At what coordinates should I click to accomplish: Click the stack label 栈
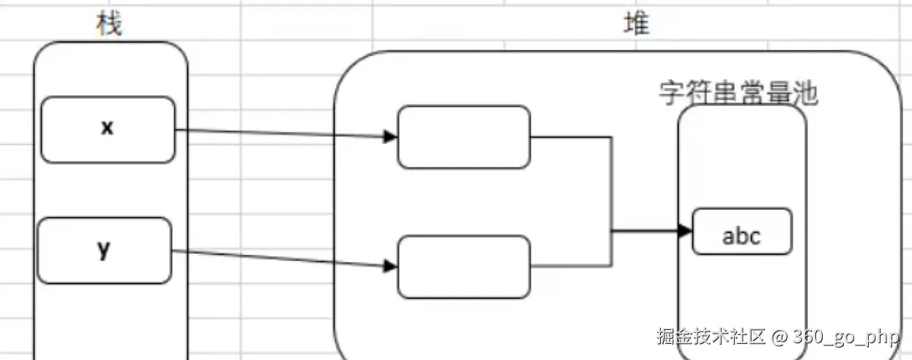[109, 25]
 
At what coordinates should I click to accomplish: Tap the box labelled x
[108, 130]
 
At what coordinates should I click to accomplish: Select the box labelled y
[104, 250]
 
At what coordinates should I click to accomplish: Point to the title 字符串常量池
[738, 94]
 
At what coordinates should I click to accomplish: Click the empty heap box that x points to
[463, 137]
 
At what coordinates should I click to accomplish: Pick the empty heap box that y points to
[463, 266]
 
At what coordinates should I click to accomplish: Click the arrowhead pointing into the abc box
[685, 231]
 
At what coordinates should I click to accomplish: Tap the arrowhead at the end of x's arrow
[391, 136]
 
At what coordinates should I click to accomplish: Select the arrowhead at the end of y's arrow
[391, 266]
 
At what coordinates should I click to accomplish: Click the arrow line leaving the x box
[278, 133]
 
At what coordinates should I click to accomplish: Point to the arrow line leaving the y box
[278, 258]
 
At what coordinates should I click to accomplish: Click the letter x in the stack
[108, 128]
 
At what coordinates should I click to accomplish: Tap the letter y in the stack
[104, 250]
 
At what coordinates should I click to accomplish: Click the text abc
[741, 236]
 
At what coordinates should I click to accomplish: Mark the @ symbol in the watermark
[779, 337]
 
